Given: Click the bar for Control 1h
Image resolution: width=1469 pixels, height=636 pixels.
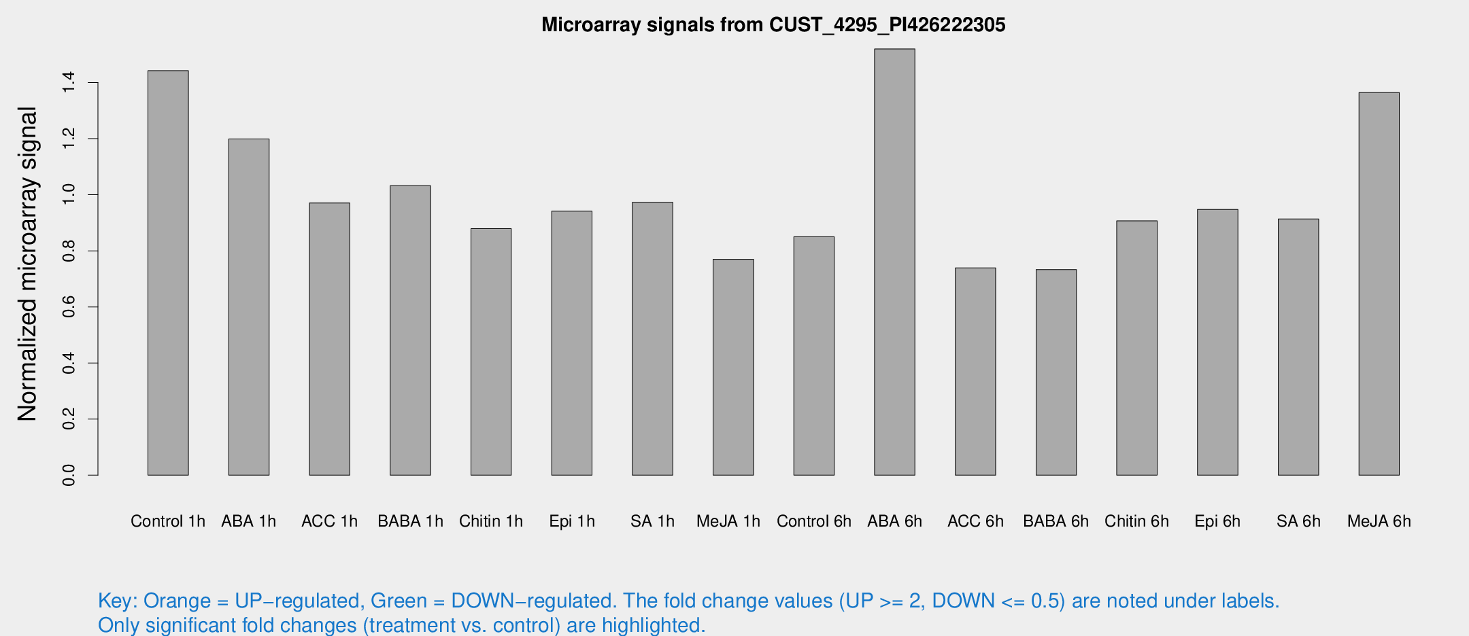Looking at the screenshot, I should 168,272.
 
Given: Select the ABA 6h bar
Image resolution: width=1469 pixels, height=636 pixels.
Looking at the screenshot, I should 894,262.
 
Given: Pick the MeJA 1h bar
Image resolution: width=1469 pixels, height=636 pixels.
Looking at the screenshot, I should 733,367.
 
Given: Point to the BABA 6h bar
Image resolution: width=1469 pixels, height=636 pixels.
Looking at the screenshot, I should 1056,372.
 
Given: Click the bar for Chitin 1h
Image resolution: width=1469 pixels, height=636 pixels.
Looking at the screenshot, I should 491,351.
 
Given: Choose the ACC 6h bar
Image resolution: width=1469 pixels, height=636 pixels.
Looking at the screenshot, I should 975,371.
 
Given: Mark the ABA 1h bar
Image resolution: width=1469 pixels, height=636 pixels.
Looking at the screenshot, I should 249,306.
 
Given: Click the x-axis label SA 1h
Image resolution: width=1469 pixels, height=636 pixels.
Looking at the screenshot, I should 652,521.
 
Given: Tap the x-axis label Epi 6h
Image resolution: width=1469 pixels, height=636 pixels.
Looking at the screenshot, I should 1217,521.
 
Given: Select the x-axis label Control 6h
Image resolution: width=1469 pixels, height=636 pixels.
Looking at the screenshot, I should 813,521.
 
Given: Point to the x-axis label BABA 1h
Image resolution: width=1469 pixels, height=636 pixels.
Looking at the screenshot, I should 410,521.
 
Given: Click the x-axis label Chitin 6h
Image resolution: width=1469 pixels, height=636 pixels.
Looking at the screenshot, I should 1136,521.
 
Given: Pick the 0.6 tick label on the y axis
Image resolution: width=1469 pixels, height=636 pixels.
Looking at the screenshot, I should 69,307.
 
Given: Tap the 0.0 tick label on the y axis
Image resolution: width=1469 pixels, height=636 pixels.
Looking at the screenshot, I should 69,475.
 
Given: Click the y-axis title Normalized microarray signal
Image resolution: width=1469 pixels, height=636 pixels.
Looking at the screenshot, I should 27,264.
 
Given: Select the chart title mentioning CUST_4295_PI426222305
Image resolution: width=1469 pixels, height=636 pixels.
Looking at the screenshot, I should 773,25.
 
